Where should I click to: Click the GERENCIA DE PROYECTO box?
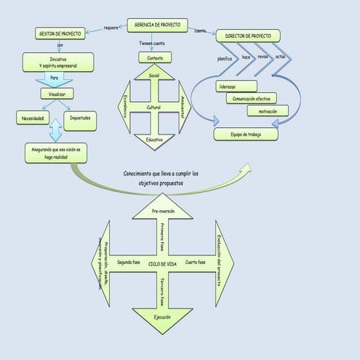coord(158,25)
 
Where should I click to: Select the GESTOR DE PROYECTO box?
coord(59,33)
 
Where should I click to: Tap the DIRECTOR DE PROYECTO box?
coord(247,35)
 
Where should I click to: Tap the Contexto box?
coord(154,57)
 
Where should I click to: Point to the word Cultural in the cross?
coord(154,107)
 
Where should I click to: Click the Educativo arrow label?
coord(154,139)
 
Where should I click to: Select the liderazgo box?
coord(236,86)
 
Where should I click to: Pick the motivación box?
coord(267,111)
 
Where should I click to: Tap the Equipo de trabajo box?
coord(246,134)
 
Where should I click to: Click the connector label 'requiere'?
coord(111,28)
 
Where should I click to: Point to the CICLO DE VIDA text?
coord(162,263)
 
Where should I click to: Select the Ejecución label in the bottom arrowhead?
coord(162,318)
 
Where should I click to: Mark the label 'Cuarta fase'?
coord(196,262)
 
